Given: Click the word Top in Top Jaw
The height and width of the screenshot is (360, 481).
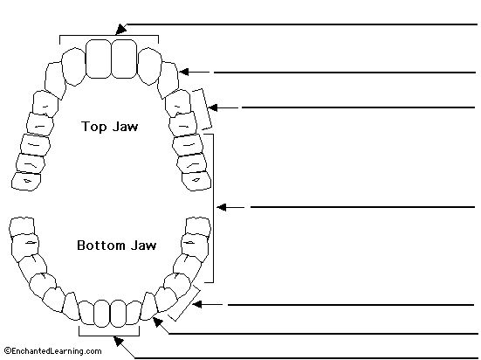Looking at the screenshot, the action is (93, 127).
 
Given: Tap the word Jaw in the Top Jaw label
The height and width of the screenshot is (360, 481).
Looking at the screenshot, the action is (125, 126).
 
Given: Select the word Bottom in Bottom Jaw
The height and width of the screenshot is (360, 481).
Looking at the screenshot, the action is (101, 246).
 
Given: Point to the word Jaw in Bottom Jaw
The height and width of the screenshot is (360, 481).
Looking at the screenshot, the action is (143, 246).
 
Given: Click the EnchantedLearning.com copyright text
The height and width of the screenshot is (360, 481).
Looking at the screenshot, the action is (53, 350).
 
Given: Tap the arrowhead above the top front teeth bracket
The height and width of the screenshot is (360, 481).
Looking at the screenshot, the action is (120, 29).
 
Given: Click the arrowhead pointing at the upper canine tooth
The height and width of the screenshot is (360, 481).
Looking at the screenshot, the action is (184, 72).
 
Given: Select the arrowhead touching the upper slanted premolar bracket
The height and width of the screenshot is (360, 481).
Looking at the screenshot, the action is (213, 107).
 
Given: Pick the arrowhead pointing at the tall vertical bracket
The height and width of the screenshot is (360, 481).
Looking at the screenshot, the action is (222, 207).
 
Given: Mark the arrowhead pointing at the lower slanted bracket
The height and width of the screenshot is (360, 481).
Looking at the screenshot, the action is (197, 304).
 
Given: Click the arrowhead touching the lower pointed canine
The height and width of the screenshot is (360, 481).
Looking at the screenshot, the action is (158, 322).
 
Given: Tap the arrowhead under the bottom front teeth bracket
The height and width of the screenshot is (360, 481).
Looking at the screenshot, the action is (119, 341).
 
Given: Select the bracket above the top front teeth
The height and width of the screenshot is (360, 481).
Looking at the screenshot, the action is (109, 36).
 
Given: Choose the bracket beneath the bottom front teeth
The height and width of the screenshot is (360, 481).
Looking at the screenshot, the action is (109, 336).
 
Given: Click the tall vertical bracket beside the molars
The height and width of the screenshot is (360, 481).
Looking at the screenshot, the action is (213, 208).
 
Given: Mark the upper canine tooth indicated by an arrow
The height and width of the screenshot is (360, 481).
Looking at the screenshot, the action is (168, 80).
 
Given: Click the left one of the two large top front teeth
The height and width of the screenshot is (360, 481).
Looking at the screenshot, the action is (98, 59).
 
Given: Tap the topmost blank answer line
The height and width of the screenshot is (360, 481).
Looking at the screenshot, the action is (302, 24).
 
